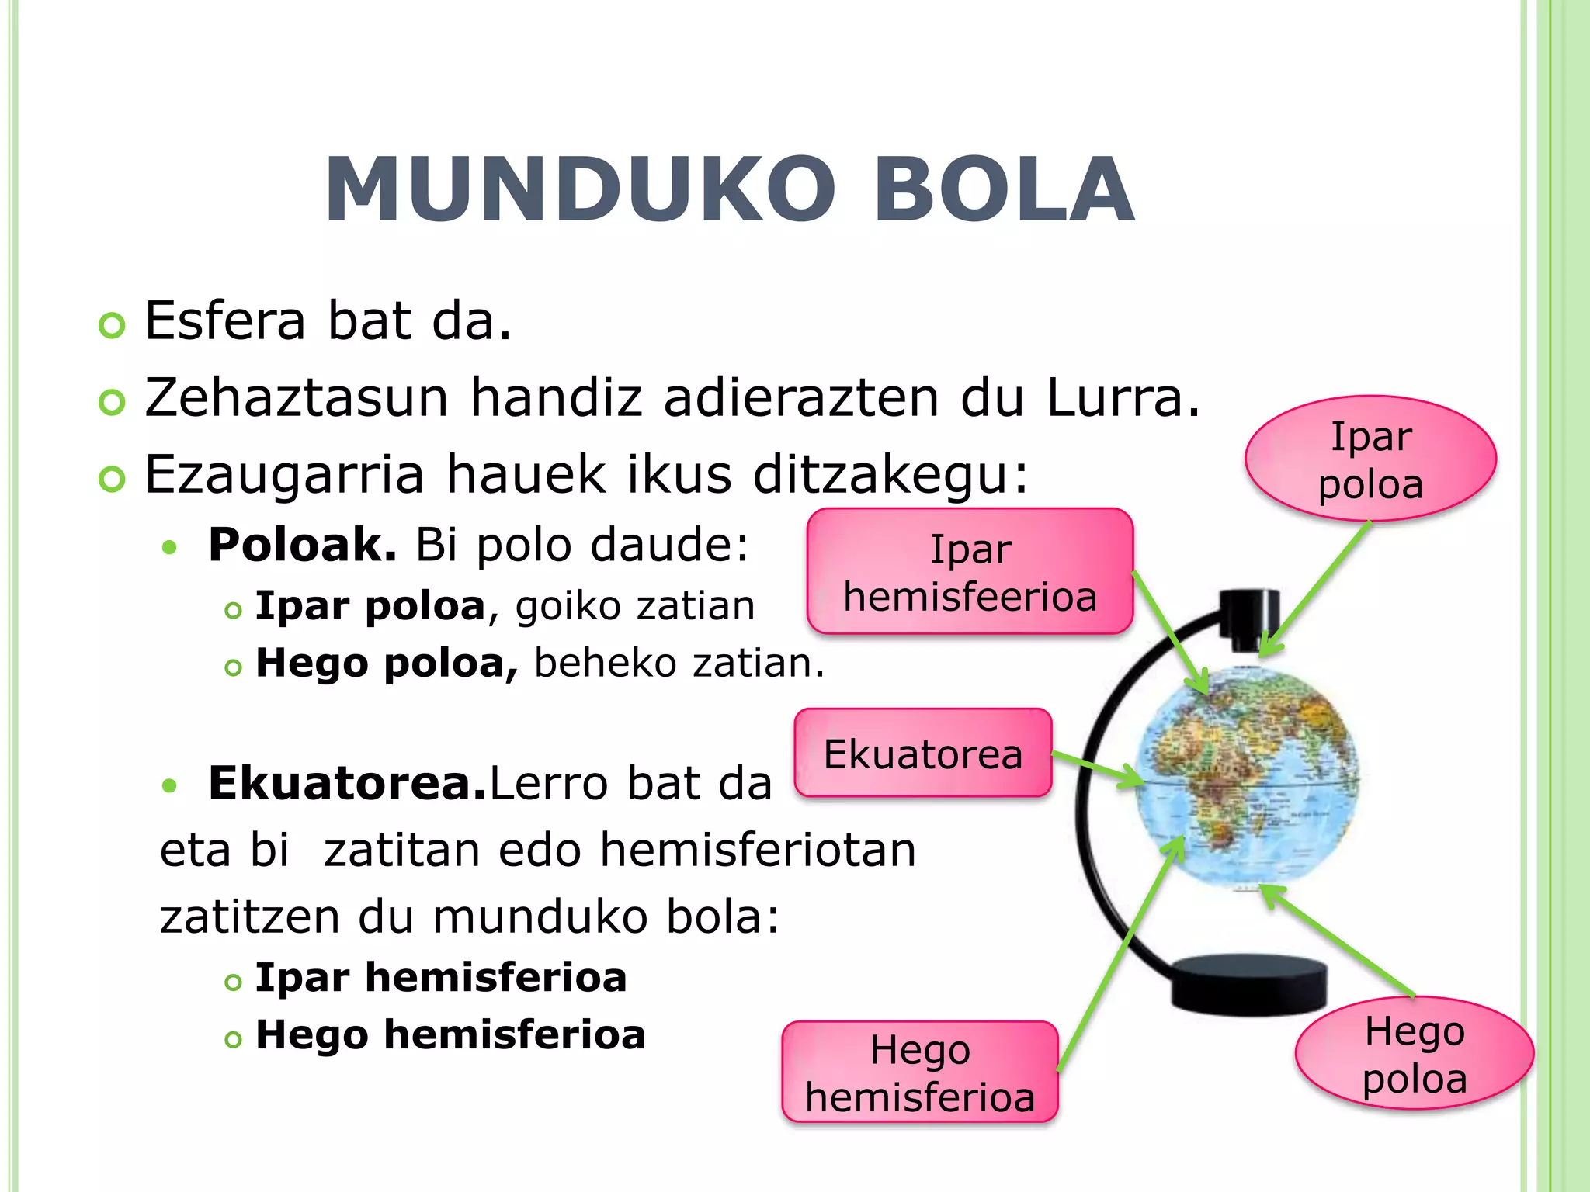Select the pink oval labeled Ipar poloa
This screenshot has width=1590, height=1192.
tap(1370, 459)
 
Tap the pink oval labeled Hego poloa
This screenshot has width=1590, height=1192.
tap(1414, 1054)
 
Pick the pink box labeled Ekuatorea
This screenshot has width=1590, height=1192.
tap(922, 754)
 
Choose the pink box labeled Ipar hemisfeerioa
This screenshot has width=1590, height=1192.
tap(970, 572)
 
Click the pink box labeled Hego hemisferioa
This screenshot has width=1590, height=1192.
tap(920, 1072)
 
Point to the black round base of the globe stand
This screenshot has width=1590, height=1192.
tap(1248, 983)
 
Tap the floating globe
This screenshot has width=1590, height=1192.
tap(1247, 776)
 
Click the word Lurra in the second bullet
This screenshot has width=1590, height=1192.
tap(1123, 398)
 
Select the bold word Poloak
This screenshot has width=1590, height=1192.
tap(302, 545)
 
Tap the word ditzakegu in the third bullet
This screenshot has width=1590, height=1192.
tap(890, 474)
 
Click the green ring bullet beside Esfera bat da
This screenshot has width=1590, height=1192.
tap(113, 325)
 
